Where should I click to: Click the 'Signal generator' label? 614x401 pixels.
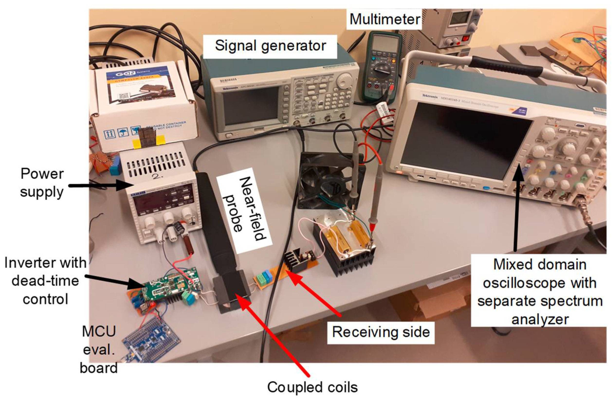(x=270, y=46)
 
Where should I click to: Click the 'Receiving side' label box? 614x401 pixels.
(x=381, y=332)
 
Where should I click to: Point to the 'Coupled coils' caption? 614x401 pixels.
(x=312, y=387)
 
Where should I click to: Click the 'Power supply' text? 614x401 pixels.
(x=42, y=183)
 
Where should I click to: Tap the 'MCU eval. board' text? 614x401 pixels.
(x=99, y=349)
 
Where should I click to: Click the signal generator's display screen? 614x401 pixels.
(x=250, y=105)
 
